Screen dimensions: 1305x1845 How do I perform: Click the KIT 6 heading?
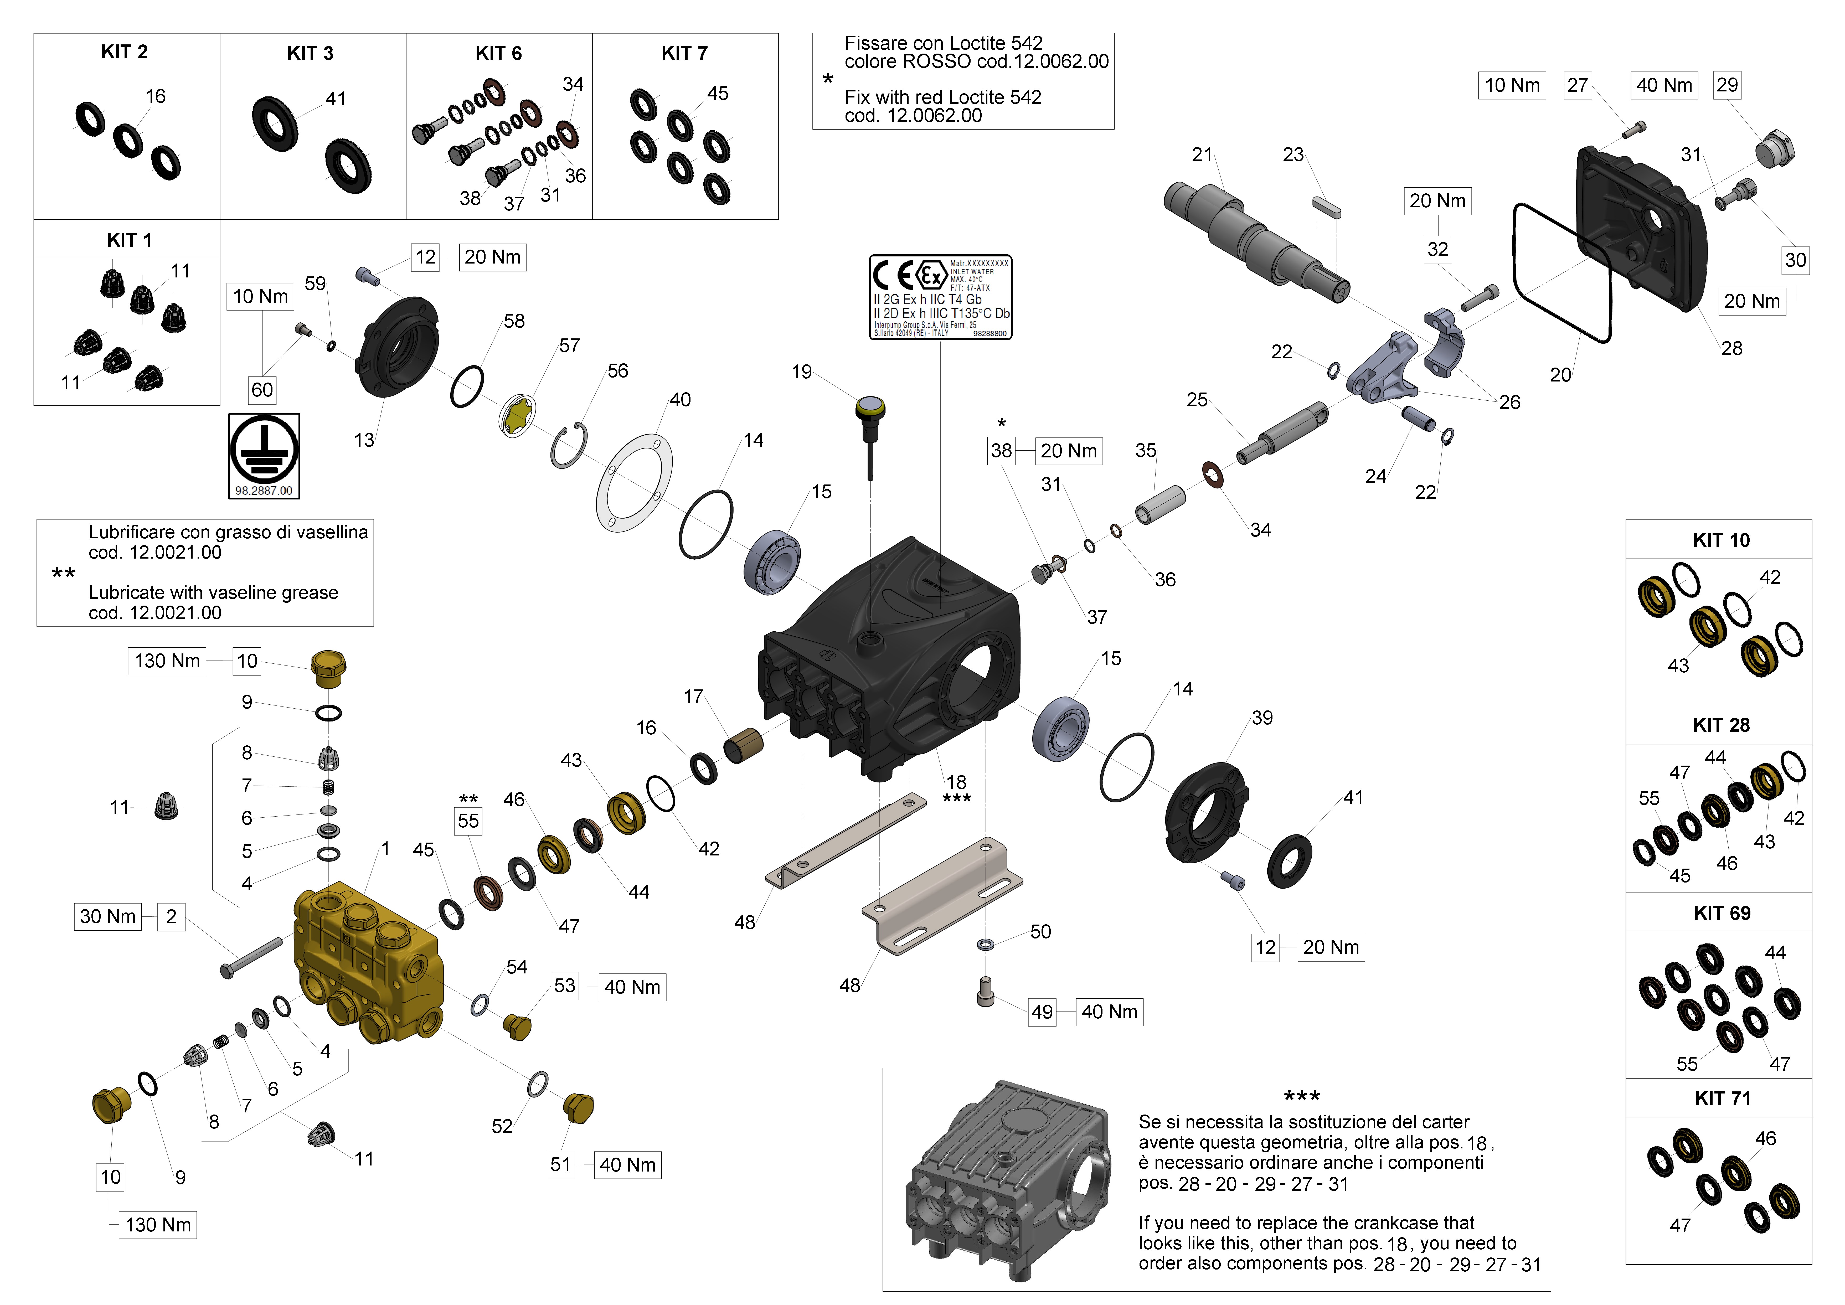click(x=498, y=53)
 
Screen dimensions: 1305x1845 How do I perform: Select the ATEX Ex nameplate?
click(x=940, y=297)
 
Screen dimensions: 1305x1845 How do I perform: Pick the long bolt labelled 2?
click(x=251, y=958)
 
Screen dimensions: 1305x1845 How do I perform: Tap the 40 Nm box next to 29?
click(x=1664, y=85)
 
